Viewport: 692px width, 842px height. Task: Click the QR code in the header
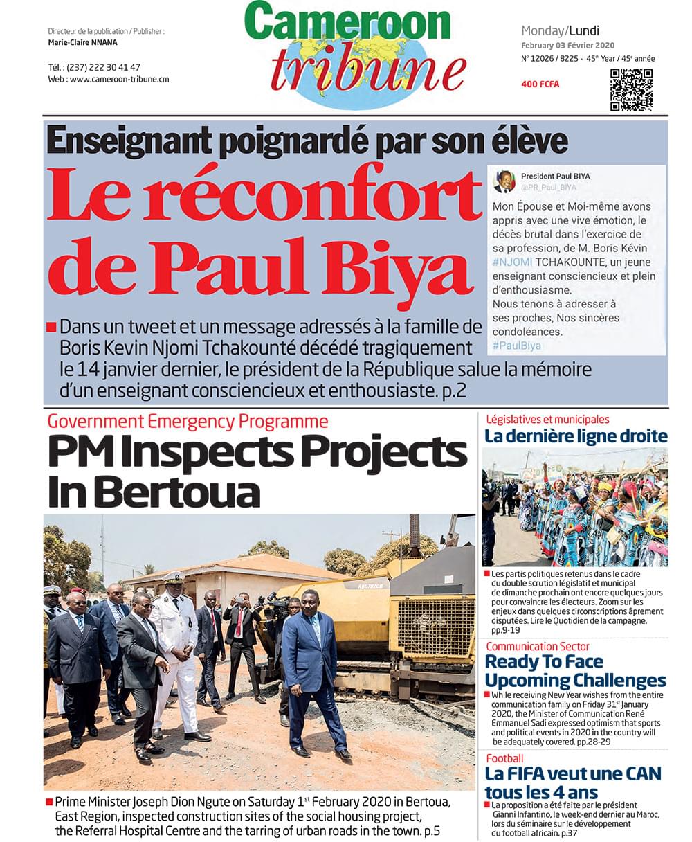(631, 90)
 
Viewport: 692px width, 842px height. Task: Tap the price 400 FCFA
(540, 84)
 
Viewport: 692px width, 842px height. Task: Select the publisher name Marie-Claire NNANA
(83, 42)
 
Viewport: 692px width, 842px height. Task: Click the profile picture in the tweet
(504, 182)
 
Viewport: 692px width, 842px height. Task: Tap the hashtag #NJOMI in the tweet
(511, 262)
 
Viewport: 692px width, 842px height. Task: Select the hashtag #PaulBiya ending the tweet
(516, 346)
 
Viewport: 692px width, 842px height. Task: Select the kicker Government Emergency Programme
(188, 420)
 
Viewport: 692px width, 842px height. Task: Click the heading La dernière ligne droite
(576, 436)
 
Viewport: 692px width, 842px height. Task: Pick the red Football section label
(504, 758)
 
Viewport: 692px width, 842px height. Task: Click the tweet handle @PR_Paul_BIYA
(549, 188)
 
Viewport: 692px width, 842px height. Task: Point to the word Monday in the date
(543, 30)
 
